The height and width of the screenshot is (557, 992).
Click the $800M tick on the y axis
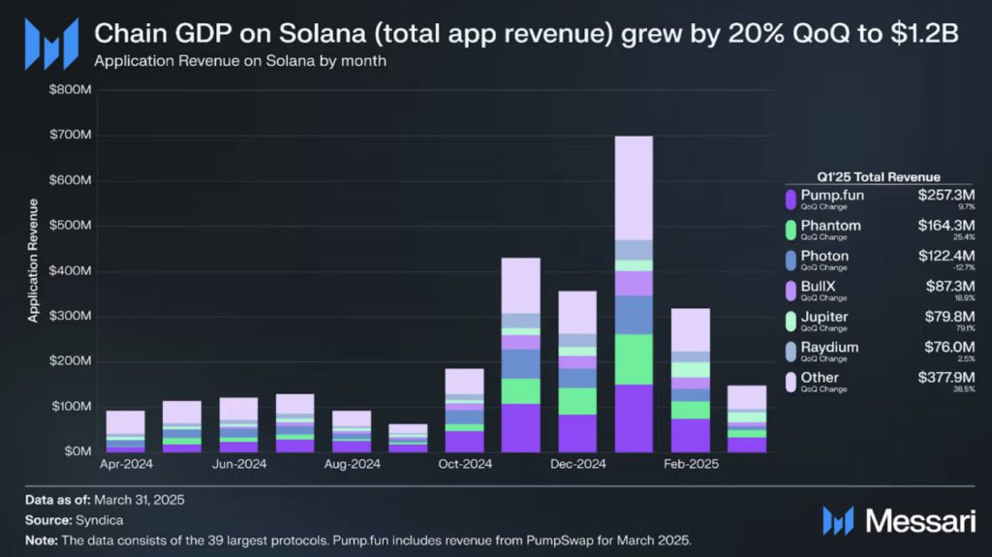tap(72, 90)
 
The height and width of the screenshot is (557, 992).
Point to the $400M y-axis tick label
tap(72, 271)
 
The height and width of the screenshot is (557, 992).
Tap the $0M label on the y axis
tap(78, 451)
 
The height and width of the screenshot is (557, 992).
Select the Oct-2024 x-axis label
tap(465, 465)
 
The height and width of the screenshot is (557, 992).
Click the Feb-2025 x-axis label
tap(691, 465)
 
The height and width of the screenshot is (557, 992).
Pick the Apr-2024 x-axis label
tap(126, 465)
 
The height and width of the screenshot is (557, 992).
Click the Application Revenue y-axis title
tap(34, 260)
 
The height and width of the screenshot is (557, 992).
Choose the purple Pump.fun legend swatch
tap(791, 200)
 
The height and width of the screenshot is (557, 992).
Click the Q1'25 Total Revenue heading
tap(878, 176)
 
